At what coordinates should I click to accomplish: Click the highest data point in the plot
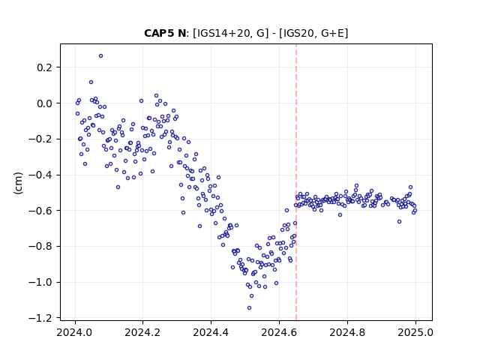(100, 56)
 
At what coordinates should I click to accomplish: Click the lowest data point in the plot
(249, 308)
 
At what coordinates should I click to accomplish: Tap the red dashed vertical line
(296, 182)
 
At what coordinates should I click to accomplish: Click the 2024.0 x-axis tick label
(74, 332)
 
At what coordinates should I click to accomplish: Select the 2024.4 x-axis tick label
(211, 332)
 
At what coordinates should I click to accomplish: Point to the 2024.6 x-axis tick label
(279, 332)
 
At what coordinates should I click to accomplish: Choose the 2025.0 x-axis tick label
(415, 332)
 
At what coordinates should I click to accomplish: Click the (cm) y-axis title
(18, 183)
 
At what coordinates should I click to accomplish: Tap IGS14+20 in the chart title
(222, 33)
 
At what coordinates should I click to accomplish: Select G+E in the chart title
(332, 33)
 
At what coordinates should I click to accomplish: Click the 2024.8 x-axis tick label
(347, 332)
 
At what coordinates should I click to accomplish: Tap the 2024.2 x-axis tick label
(142, 332)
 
